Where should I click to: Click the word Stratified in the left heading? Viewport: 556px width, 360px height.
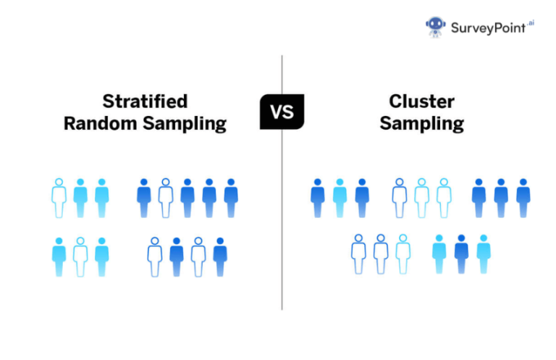(x=145, y=101)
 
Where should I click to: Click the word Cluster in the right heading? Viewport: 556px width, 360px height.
(x=422, y=101)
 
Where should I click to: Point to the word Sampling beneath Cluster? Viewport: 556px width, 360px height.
(x=422, y=124)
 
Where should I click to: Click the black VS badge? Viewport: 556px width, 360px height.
(x=282, y=112)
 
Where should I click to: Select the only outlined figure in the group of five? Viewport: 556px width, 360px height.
(x=165, y=198)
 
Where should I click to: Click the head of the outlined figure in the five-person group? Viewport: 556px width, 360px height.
(x=165, y=183)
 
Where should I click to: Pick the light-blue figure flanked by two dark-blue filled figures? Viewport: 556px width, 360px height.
(x=340, y=198)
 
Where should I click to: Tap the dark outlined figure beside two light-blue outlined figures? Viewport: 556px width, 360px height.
(x=399, y=198)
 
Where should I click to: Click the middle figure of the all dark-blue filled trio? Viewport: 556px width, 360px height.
(x=500, y=198)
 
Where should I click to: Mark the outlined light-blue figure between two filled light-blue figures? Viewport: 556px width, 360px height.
(x=80, y=256)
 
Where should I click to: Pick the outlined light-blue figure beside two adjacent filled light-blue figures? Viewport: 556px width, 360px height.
(x=59, y=198)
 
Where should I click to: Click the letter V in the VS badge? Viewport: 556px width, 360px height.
(x=275, y=113)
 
